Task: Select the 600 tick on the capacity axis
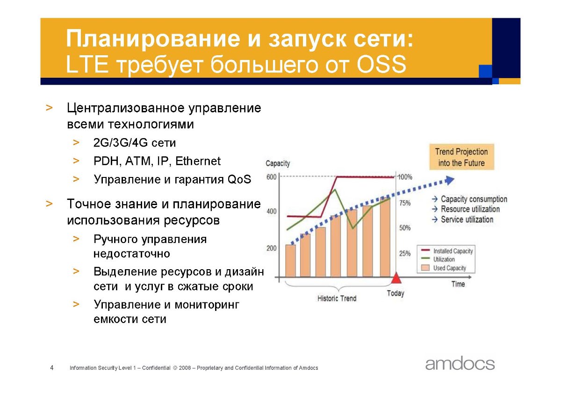pyautogui.click(x=272, y=177)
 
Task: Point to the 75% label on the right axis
pyautogui.click(x=405, y=203)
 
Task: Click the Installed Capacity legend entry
pyautogui.click(x=447, y=251)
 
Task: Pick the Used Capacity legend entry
pyautogui.click(x=444, y=268)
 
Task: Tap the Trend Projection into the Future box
pyautogui.click(x=461, y=157)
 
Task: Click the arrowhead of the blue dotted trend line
pyautogui.click(x=450, y=180)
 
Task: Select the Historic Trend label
pyautogui.click(x=337, y=298)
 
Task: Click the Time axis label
pyautogui.click(x=458, y=284)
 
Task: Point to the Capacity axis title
pyautogui.click(x=278, y=163)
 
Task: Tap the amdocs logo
pyautogui.click(x=460, y=363)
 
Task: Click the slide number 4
pyautogui.click(x=52, y=368)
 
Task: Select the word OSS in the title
pyautogui.click(x=381, y=65)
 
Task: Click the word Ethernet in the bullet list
pyautogui.click(x=198, y=161)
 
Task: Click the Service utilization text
pyautogui.click(x=467, y=220)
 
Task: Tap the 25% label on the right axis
pyautogui.click(x=405, y=254)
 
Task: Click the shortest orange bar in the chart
pyautogui.click(x=290, y=261)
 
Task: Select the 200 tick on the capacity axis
pyautogui.click(x=272, y=248)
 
